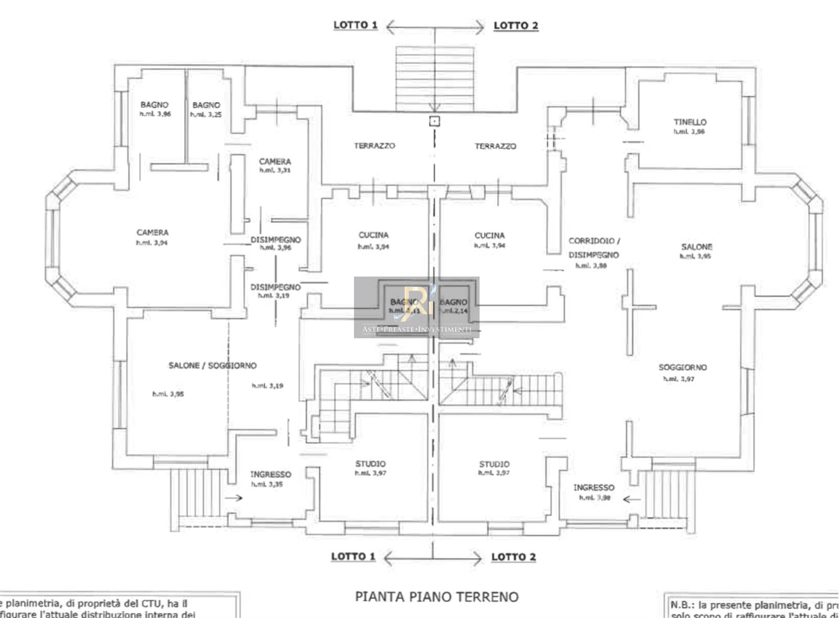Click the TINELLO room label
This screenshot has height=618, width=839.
pos(690,122)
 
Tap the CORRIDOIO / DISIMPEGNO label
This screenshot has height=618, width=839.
pos(594,248)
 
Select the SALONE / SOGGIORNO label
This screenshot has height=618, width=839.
pos(212,366)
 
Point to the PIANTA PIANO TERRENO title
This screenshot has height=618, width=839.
pos(436,597)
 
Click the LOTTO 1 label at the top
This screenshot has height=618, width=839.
pos(356,25)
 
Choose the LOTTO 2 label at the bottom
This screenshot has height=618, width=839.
pos(513,557)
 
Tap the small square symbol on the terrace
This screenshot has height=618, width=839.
pos(434,122)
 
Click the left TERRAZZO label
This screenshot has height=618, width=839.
pos(374,146)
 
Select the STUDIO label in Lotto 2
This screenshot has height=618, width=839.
pos(494,464)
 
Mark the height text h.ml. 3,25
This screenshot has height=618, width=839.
pos(206,115)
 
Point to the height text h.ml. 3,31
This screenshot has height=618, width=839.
pos(275,170)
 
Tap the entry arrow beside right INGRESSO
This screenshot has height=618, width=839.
pos(631,499)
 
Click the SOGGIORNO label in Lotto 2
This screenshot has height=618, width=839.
pos(683,367)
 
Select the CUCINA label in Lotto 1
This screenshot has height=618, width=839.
pos(373,235)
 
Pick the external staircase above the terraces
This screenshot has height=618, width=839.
pos(435,79)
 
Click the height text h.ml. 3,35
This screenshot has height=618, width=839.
pos(267,484)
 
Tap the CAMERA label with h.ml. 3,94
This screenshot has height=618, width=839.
pos(153,232)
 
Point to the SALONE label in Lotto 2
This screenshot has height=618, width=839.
pos(696,247)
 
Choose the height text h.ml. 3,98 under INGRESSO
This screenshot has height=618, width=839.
pos(595,498)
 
